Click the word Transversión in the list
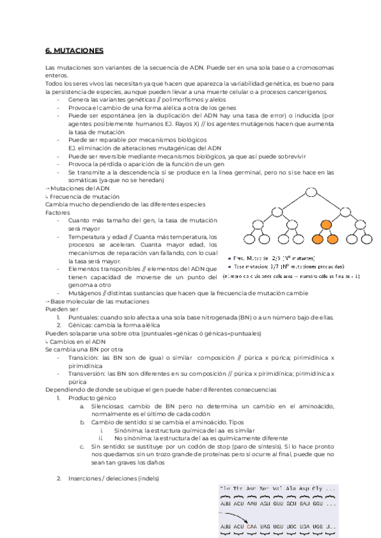(x=86, y=375)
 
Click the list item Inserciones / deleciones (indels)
(x=114, y=478)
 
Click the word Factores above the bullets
(x=57, y=213)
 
